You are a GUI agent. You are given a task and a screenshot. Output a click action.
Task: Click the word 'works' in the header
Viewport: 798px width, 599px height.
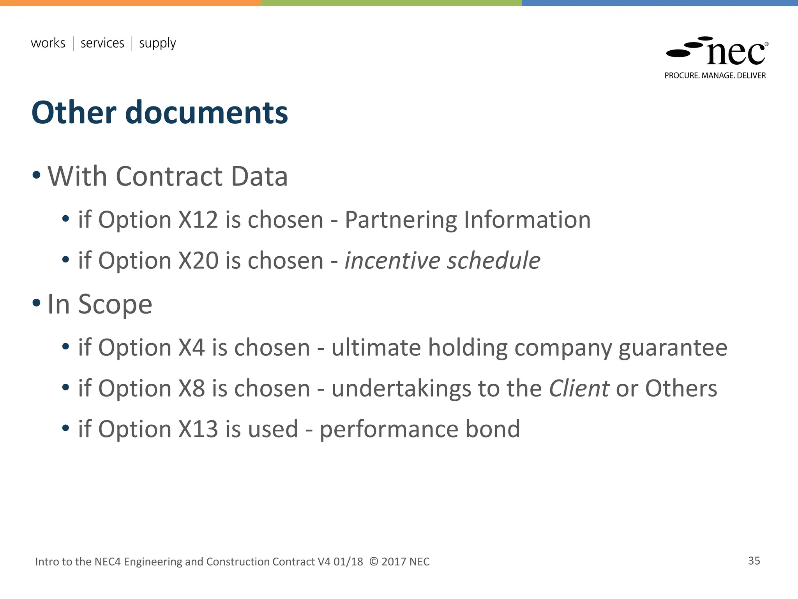click(48, 43)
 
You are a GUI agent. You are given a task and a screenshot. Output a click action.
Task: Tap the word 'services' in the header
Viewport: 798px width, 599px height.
click(102, 43)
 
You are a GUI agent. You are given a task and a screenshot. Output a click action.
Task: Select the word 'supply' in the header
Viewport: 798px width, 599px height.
click(157, 44)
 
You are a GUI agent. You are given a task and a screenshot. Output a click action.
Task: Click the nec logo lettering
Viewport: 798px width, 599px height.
click(736, 53)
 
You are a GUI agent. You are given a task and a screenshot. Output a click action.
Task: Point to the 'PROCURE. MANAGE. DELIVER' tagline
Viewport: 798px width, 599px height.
click(715, 76)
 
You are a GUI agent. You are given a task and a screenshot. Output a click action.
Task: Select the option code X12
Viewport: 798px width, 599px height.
click(198, 220)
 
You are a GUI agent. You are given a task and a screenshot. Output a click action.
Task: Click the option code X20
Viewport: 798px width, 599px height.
click(198, 261)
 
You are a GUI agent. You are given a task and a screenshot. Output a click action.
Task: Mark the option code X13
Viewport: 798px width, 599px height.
click(198, 429)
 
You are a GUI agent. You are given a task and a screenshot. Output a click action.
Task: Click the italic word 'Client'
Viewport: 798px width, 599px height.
click(579, 388)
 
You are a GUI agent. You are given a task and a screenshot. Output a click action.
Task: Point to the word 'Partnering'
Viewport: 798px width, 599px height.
click(401, 220)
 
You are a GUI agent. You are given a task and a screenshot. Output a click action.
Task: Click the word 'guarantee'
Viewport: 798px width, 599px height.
click(673, 348)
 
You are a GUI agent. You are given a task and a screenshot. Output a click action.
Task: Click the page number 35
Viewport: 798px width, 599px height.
click(754, 561)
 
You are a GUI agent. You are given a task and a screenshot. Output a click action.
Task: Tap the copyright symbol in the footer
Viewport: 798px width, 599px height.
click(374, 562)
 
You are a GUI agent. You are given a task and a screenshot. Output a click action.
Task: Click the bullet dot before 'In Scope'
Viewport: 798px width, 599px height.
click(37, 303)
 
